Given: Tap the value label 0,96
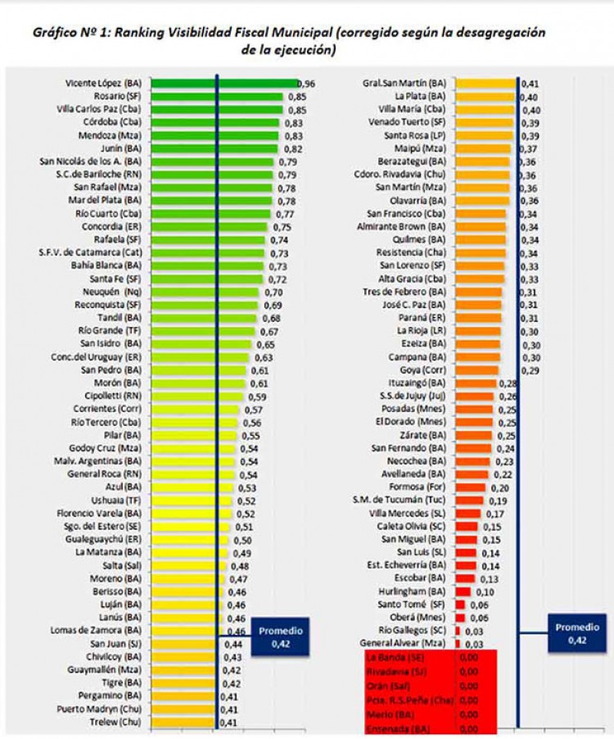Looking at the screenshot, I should pos(306,84).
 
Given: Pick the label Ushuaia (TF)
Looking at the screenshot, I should pos(122,501).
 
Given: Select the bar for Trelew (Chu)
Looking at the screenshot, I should pos(187,722).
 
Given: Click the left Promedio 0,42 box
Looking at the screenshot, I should pos(280,637).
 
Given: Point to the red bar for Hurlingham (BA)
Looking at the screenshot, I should pos(463,591).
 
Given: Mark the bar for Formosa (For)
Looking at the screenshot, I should pos(469,487).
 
